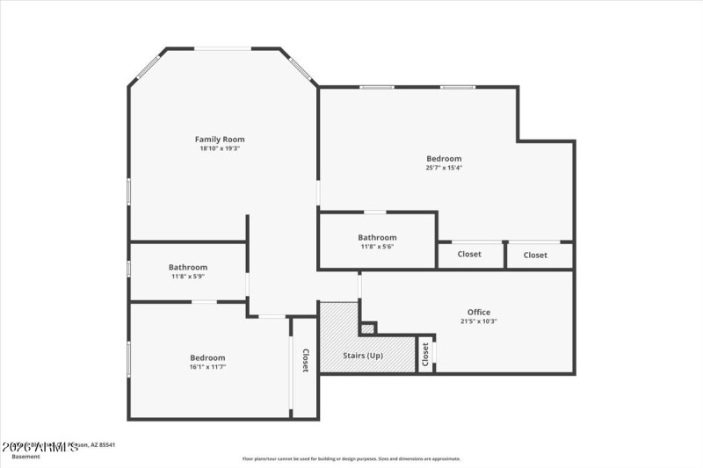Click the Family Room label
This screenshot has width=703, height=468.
click(220, 139)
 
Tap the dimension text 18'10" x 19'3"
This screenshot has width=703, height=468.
click(220, 148)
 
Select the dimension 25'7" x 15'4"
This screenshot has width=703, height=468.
click(444, 168)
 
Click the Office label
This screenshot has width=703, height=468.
click(479, 312)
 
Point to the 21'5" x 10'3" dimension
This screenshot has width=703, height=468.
click(479, 321)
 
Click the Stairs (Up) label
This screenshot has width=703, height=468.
click(363, 356)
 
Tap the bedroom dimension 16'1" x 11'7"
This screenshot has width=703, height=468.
click(207, 367)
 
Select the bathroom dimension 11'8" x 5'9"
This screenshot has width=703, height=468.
click(188, 277)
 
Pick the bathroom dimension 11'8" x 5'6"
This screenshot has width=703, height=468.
click(377, 247)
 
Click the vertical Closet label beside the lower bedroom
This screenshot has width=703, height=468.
click(305, 361)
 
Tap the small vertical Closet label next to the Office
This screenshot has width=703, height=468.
click(425, 354)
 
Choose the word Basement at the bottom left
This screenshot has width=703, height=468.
click(25, 457)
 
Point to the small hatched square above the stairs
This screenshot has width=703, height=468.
click(368, 328)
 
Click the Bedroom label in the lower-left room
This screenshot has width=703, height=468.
click(207, 357)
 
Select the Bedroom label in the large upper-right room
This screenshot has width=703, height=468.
click(444, 158)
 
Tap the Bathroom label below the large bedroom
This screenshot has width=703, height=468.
click(377, 237)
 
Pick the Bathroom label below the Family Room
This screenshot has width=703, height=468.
click(188, 267)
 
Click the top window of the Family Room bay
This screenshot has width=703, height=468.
click(222, 48)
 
